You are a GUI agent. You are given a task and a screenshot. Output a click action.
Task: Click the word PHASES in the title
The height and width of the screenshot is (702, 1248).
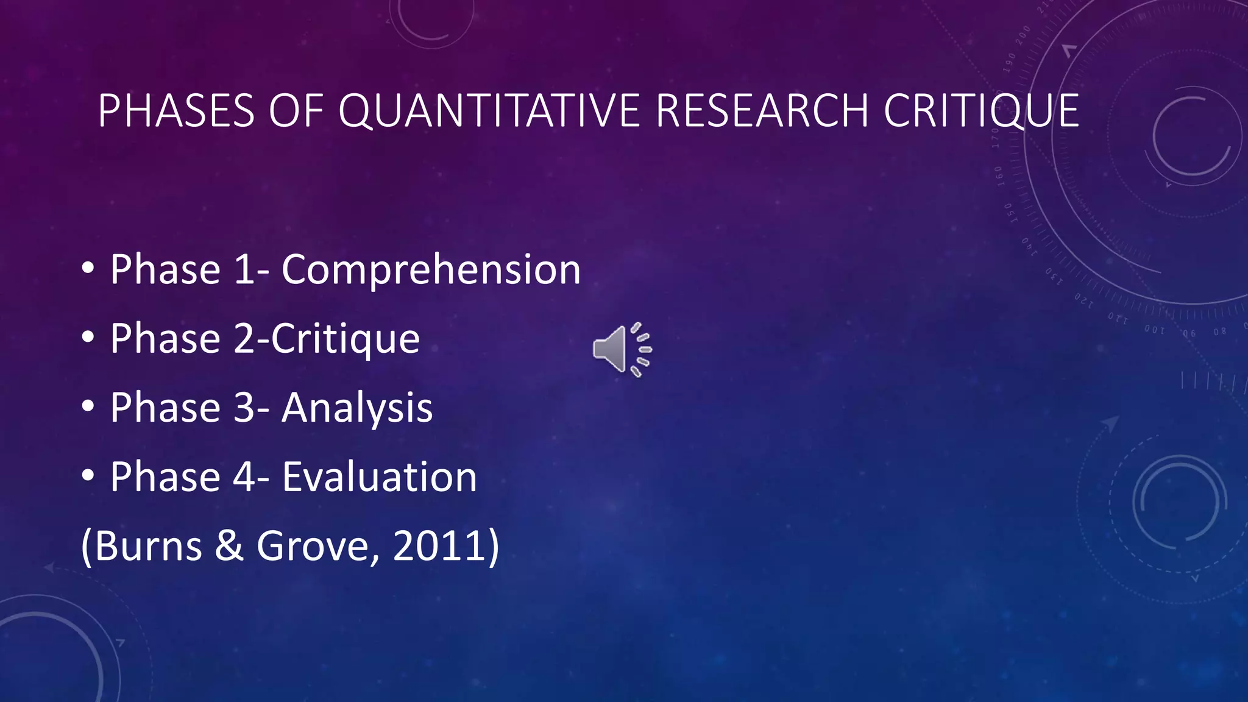click(x=175, y=111)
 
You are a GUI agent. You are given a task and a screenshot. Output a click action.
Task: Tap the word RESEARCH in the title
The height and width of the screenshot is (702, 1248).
click(x=762, y=111)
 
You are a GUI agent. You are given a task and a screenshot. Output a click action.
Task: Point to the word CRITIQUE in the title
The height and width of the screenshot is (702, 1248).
click(x=981, y=111)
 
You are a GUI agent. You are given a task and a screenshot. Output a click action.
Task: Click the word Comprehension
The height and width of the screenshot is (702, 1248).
click(x=431, y=269)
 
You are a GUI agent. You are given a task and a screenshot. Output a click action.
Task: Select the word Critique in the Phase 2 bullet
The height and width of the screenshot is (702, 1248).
click(x=346, y=339)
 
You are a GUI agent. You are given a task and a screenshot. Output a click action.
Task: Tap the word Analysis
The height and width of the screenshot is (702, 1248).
click(x=357, y=408)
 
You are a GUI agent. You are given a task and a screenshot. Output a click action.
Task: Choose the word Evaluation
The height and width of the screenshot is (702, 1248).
click(x=379, y=477)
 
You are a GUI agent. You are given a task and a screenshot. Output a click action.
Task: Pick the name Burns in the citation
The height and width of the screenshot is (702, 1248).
click(x=148, y=545)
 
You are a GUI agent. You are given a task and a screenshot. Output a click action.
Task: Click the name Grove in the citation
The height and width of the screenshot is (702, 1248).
click(x=313, y=545)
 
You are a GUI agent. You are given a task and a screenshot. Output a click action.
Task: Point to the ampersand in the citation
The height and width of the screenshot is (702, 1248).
click(x=229, y=546)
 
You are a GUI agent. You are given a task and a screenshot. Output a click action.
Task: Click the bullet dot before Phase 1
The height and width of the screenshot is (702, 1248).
click(x=88, y=268)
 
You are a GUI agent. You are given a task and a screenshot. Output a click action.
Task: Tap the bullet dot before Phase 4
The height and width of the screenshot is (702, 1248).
click(x=88, y=475)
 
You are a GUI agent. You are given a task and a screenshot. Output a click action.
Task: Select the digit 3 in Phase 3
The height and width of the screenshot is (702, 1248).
click(x=244, y=408)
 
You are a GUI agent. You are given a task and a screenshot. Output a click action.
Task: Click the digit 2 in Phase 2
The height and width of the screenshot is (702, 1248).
click(x=244, y=339)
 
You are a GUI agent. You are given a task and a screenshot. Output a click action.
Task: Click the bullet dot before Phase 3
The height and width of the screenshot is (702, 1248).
click(x=88, y=406)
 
